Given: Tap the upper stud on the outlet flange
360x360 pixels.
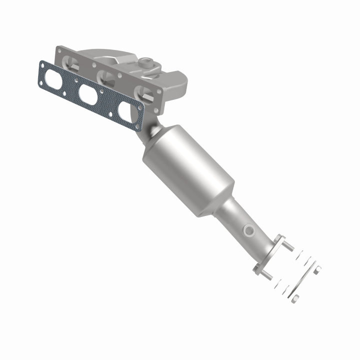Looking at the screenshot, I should coord(288,247).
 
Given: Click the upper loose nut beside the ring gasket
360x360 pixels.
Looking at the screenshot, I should coord(316,270).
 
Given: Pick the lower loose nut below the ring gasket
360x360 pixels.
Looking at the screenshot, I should coord(295,298).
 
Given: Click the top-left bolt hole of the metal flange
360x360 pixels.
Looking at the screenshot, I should coord(60,49).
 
